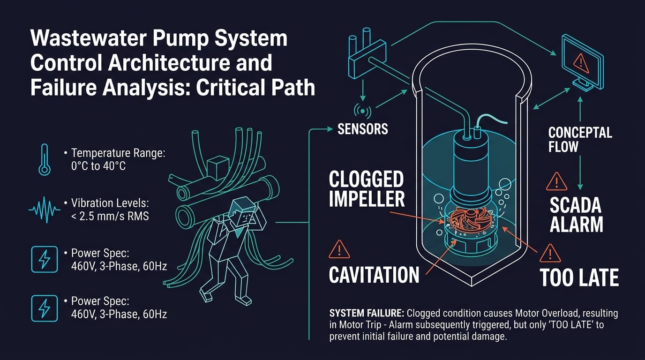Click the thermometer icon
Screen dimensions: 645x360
tap(45, 160)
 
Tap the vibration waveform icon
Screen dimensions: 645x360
tap(45, 210)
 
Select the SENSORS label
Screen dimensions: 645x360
tap(362, 129)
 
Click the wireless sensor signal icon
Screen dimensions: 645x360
tap(362, 111)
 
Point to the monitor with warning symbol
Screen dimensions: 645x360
tap(582, 62)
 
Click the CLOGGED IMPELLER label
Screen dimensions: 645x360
tap(367, 189)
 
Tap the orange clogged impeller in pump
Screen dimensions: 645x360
tap(466, 220)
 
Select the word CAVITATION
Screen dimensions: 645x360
tap(374, 275)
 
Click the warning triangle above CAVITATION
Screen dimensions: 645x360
tap(339, 249)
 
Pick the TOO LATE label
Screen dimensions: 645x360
tap(579, 277)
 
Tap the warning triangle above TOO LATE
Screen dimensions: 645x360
tap(550, 254)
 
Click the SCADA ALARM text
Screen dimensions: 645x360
tap(576, 215)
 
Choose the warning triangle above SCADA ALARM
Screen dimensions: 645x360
tap(556, 182)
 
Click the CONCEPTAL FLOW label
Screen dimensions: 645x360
tap(580, 140)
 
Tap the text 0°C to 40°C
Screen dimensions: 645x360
tap(98, 166)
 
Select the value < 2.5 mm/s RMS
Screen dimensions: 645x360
tap(110, 216)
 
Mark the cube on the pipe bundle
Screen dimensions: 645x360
tap(218, 168)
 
